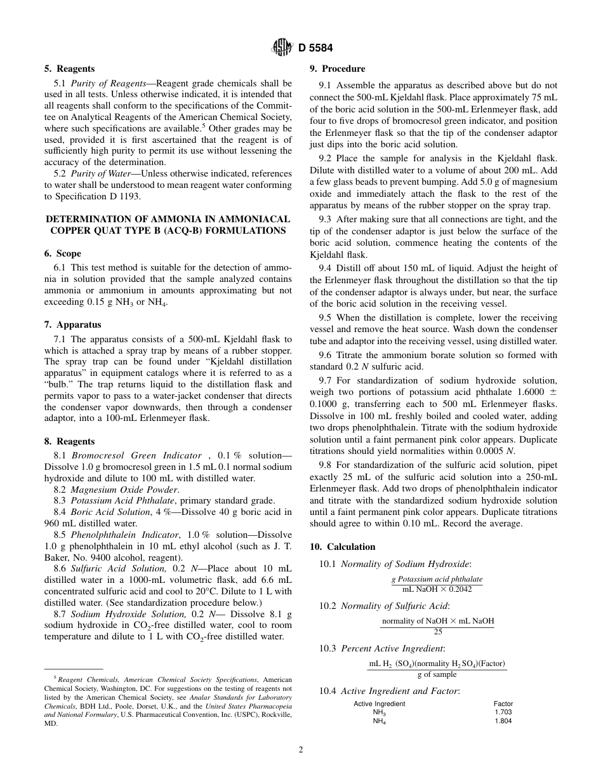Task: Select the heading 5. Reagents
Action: pos(70,69)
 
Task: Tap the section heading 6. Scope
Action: pos(63,253)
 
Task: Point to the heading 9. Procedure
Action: pos(337,69)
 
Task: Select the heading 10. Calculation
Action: pos(342,547)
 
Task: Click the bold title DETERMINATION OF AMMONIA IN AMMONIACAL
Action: pos(168,218)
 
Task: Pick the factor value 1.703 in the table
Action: pos(503,712)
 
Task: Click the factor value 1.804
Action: pos(503,721)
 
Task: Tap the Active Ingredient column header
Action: pos(379,704)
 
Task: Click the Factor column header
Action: pos(503,704)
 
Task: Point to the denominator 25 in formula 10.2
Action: pos(437,632)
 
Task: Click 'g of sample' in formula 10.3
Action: pos(437,675)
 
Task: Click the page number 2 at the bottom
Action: pos(301,749)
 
